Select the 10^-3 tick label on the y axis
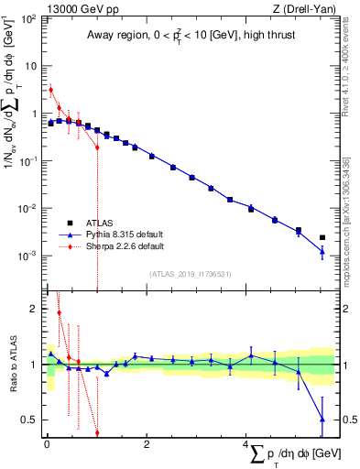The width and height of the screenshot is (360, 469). pos(27,256)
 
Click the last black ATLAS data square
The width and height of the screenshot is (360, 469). pos(322,237)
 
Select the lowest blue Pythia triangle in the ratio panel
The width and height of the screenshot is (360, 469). pos(322,419)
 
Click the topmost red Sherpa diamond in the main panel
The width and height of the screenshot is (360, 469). pos(51,90)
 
